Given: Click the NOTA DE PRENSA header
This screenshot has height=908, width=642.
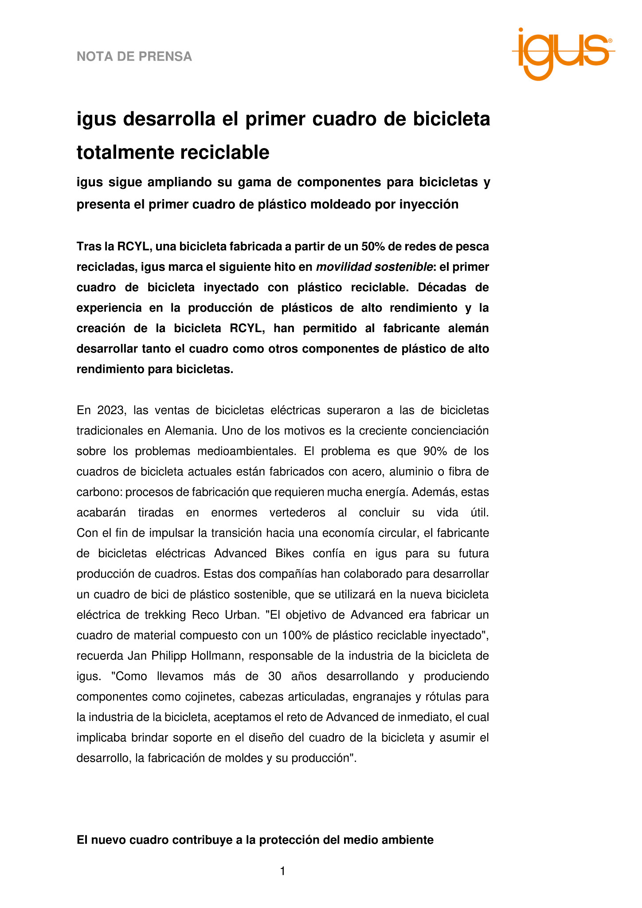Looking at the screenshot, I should pyautogui.click(x=134, y=57).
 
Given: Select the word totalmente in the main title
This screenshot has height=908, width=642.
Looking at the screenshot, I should pyautogui.click(x=119, y=153).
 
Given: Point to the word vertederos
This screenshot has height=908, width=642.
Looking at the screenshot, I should pyautogui.click(x=298, y=513).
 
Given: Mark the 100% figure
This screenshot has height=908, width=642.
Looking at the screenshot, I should pyautogui.click(x=296, y=635).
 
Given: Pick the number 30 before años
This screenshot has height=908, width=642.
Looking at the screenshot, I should pyautogui.click(x=275, y=676).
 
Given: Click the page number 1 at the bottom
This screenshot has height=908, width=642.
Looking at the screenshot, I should pyautogui.click(x=283, y=871).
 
